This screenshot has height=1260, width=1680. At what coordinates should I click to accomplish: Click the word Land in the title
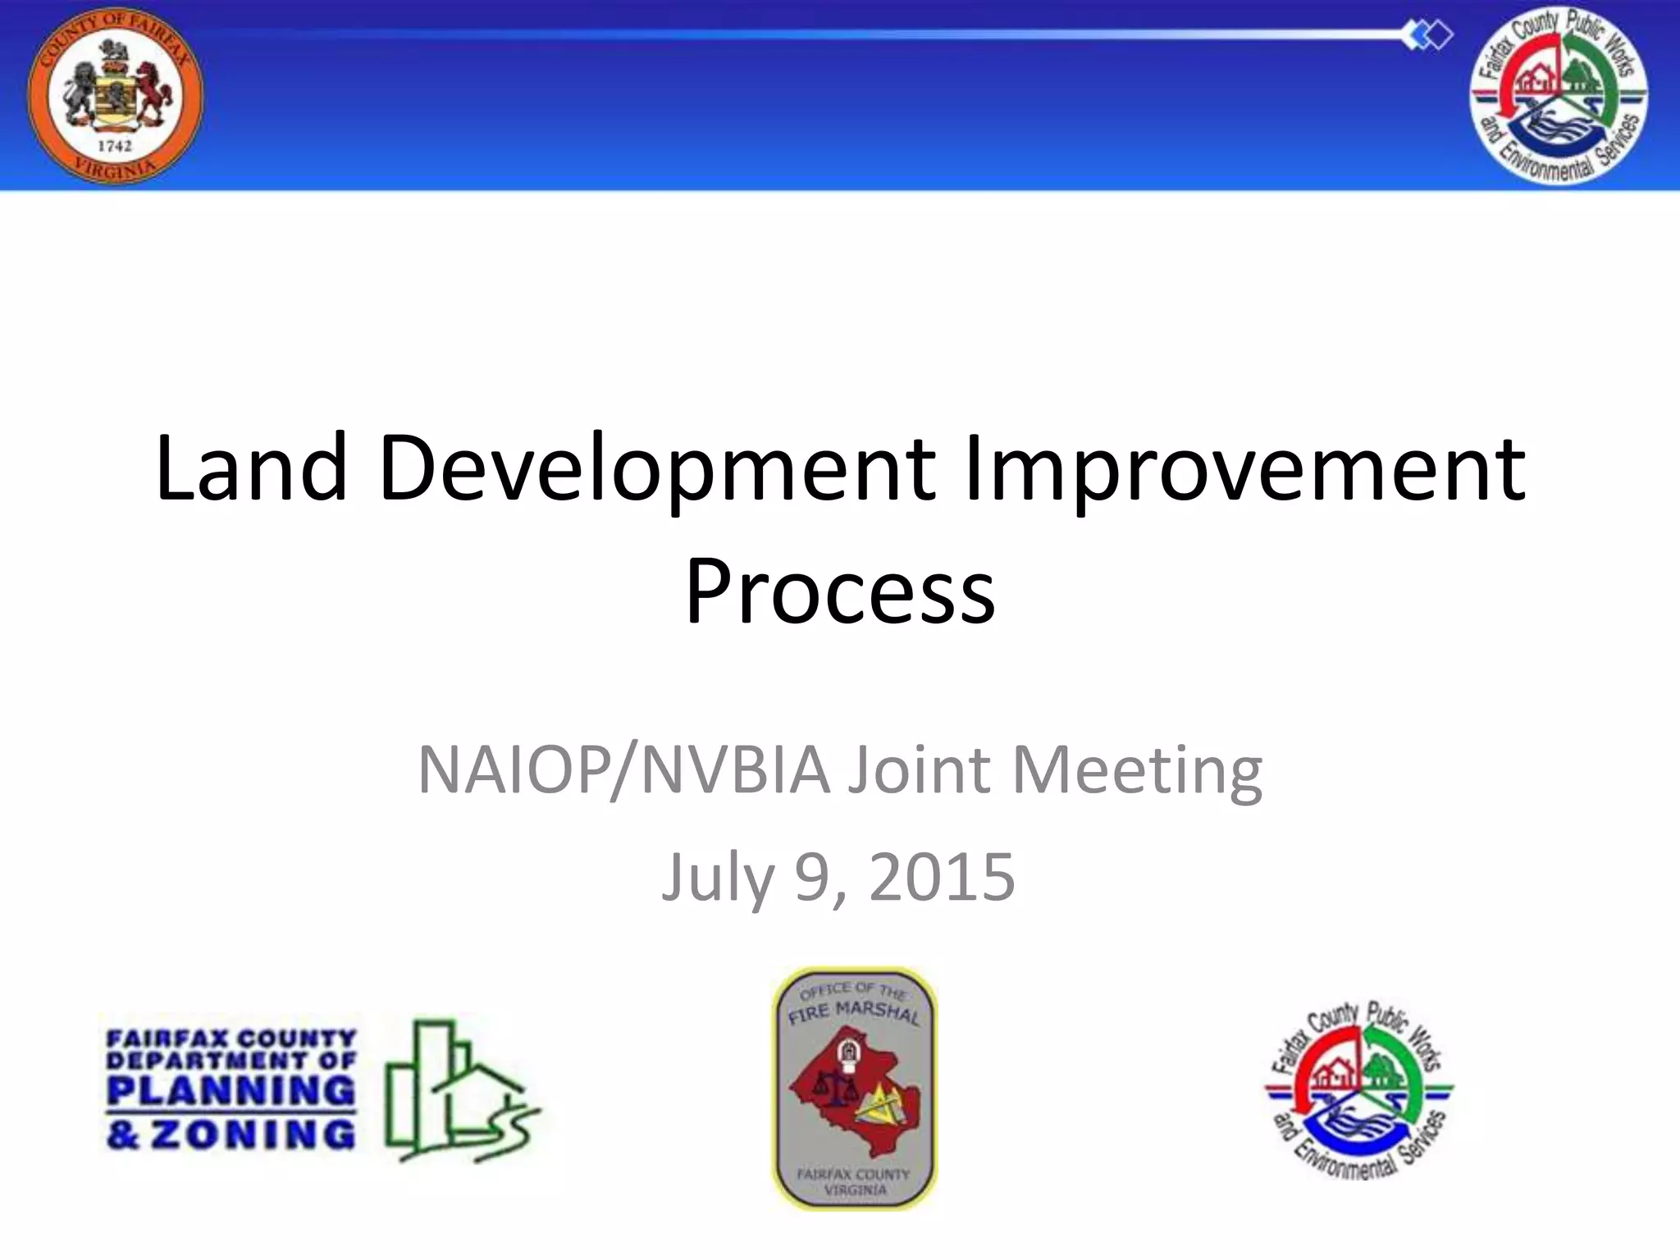(251, 469)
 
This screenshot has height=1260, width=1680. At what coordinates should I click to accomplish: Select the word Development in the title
(657, 469)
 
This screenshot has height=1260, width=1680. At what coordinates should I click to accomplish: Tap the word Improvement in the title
(1244, 469)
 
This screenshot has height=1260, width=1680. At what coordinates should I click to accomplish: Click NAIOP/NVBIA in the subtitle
(623, 771)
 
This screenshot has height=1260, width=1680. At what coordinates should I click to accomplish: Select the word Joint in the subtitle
(920, 771)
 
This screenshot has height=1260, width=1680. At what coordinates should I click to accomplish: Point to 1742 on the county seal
(115, 146)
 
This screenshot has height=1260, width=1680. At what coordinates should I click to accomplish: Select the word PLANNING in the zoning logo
(231, 1091)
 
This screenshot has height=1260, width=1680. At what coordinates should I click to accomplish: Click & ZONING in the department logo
(231, 1135)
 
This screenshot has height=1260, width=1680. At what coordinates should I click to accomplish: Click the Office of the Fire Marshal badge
(855, 1089)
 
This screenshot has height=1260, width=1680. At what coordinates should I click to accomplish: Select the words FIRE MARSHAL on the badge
(853, 1012)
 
